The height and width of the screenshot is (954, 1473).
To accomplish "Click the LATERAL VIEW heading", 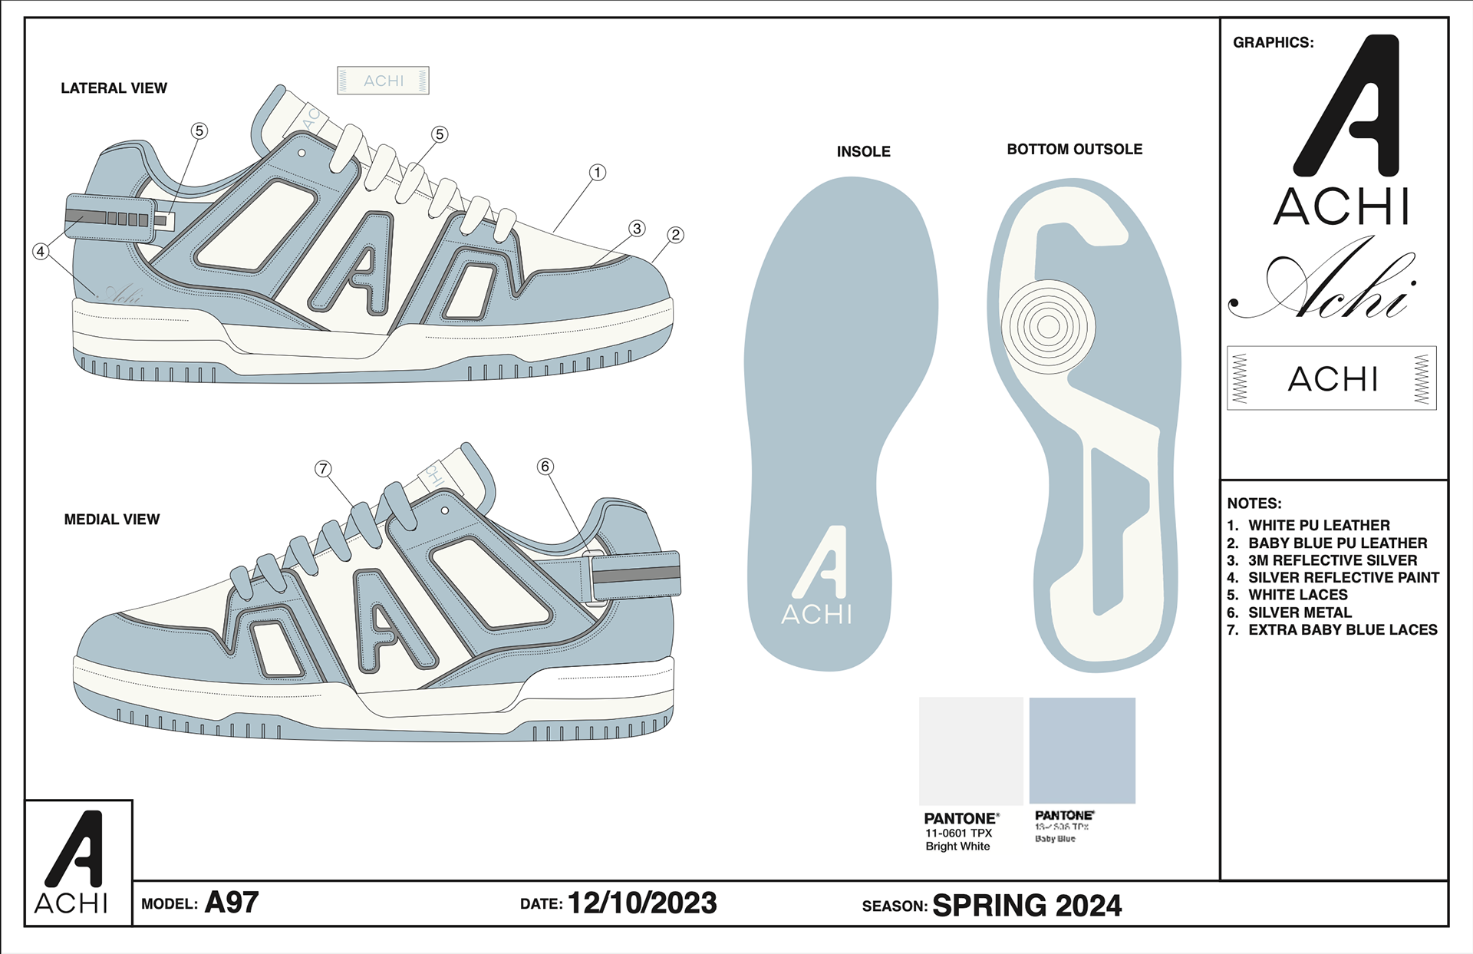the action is coord(114,88).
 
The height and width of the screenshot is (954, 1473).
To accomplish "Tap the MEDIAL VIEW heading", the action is coord(112,520).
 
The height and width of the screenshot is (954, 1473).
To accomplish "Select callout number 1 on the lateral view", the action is coord(597,173).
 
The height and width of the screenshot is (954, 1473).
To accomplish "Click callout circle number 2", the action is coord(675,235).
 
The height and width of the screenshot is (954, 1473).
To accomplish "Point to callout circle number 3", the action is coord(637,229).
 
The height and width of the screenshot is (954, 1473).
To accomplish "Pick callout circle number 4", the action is coord(41,251).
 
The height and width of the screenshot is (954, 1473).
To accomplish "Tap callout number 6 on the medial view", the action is coord(545,467).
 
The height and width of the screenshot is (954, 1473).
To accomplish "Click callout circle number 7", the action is coord(323,469).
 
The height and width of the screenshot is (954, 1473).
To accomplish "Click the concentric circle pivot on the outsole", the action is coord(1048,326).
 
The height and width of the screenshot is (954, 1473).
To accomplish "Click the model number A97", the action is coord(232,903).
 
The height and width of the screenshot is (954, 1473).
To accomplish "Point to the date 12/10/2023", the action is coord(642,903).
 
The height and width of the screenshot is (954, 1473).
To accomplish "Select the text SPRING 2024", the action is coord(1026,906).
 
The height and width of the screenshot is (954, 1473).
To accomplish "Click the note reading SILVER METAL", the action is coord(1300,612).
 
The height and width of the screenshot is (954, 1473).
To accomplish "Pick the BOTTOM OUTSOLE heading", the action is coord(1074,150).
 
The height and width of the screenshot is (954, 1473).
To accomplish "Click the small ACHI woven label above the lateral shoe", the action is coord(383,81).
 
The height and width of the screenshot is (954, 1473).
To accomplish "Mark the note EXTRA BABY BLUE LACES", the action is coord(1343,630).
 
